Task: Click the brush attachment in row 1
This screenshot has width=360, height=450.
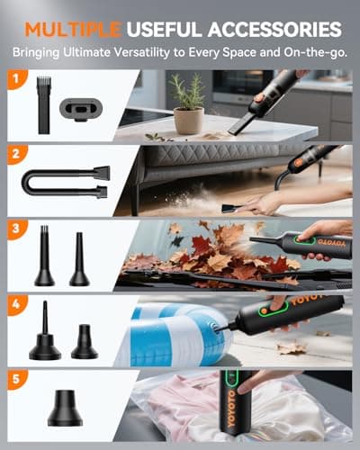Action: (x=43, y=107)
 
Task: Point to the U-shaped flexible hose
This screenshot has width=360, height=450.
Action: (x=63, y=181)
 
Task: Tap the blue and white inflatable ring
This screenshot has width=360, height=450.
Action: (x=171, y=328)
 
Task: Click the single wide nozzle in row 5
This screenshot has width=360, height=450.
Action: (x=65, y=409)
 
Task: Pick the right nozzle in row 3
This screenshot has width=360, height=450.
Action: (x=79, y=261)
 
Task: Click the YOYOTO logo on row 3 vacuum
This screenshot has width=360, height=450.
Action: (x=314, y=243)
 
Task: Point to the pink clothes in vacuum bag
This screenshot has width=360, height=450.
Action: (x=198, y=414)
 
